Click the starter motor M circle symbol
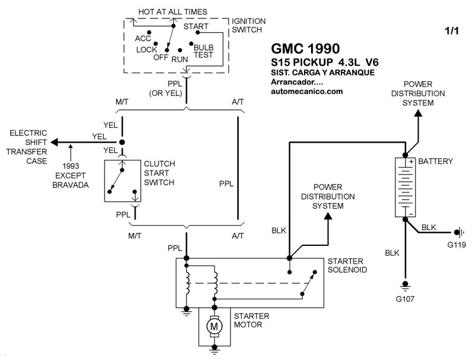[x=213, y=326]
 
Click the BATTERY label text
[x=435, y=161]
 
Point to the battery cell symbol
[x=406, y=187]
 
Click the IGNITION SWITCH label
[x=249, y=26]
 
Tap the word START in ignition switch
[x=195, y=27]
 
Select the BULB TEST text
[x=203, y=50]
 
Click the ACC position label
[x=143, y=39]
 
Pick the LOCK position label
[x=146, y=49]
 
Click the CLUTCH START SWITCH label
[x=159, y=172]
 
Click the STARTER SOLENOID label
[x=347, y=266]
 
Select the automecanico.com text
[x=306, y=91]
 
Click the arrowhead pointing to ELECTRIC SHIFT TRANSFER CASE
[x=55, y=142]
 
